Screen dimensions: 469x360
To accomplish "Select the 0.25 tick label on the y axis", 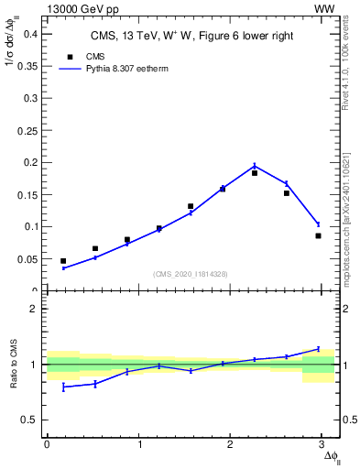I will click(x=27, y=130).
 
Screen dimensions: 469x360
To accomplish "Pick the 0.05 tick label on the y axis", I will click(x=27, y=258).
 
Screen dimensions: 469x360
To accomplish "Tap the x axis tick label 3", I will click(x=324, y=445).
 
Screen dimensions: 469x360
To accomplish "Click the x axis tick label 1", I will click(x=139, y=445).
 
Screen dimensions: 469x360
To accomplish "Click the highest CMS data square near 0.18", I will click(x=255, y=172).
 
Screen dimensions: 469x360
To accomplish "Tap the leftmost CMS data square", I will click(x=63, y=261).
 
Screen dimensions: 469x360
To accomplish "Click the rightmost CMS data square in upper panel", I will click(x=318, y=235).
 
